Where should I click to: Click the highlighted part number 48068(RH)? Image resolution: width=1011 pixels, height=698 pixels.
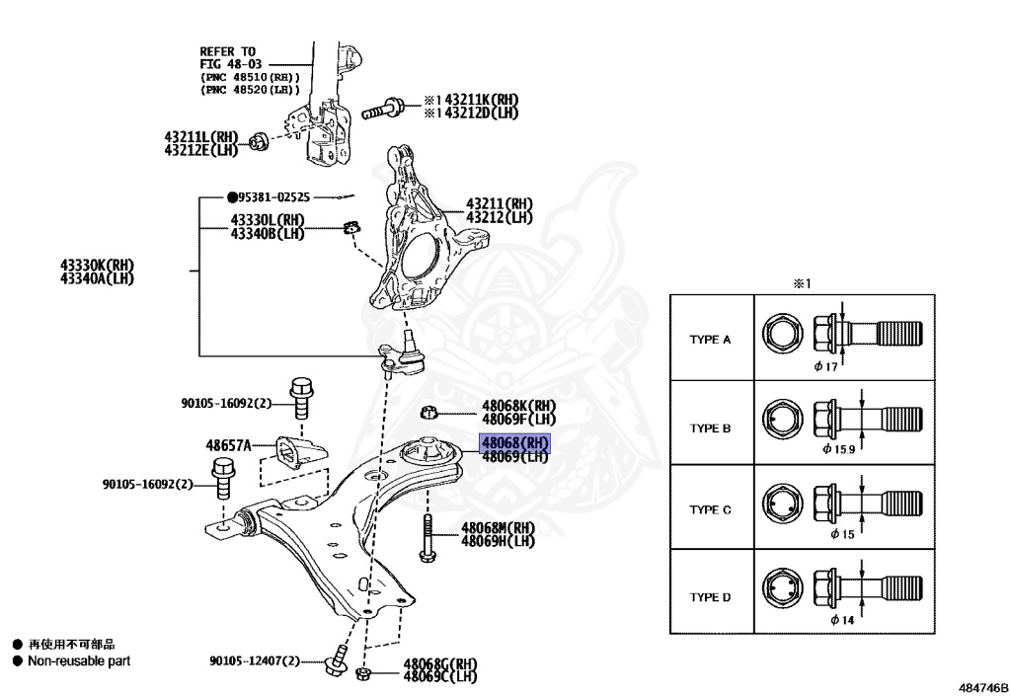coord(513,443)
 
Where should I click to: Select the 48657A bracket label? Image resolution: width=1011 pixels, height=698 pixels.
coord(228,444)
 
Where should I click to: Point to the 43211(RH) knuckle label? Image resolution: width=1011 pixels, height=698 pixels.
coord(499,204)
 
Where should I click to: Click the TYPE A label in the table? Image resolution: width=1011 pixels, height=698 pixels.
coord(710,339)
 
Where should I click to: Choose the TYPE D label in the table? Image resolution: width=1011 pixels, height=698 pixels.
coord(710,596)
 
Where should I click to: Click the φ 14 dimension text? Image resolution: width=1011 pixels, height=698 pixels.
coord(841,620)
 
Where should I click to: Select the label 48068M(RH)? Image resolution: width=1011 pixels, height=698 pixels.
coord(498,527)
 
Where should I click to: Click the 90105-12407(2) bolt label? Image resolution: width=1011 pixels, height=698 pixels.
coord(254,661)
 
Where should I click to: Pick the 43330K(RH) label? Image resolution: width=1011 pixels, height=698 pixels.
coord(97,265)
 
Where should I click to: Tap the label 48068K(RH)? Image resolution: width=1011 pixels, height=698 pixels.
coord(518,405)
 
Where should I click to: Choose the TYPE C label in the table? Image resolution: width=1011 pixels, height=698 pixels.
coord(710,510)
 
